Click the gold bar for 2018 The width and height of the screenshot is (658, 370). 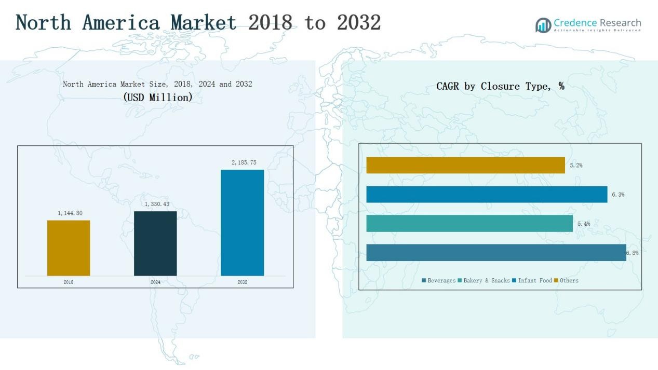(x=69, y=248)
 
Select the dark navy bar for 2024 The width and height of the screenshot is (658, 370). (x=155, y=243)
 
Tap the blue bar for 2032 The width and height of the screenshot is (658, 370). (x=242, y=223)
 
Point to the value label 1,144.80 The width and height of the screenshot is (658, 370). (x=70, y=213)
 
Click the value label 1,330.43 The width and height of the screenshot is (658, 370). (x=157, y=204)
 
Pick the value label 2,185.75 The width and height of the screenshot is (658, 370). (x=244, y=162)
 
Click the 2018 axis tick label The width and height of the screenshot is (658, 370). (x=69, y=282)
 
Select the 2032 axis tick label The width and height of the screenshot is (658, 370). (x=243, y=282)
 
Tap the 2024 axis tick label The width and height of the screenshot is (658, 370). (x=155, y=282)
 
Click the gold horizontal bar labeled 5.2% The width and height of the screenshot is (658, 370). (x=465, y=165)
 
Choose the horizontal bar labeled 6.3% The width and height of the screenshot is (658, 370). (x=487, y=195)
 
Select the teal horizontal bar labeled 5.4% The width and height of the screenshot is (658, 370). (x=469, y=224)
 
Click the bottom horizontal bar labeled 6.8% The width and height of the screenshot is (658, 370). (x=496, y=253)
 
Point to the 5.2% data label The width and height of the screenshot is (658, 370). (x=576, y=166)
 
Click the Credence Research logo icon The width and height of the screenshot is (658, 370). (x=543, y=25)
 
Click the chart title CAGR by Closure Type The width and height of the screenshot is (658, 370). (x=500, y=87)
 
